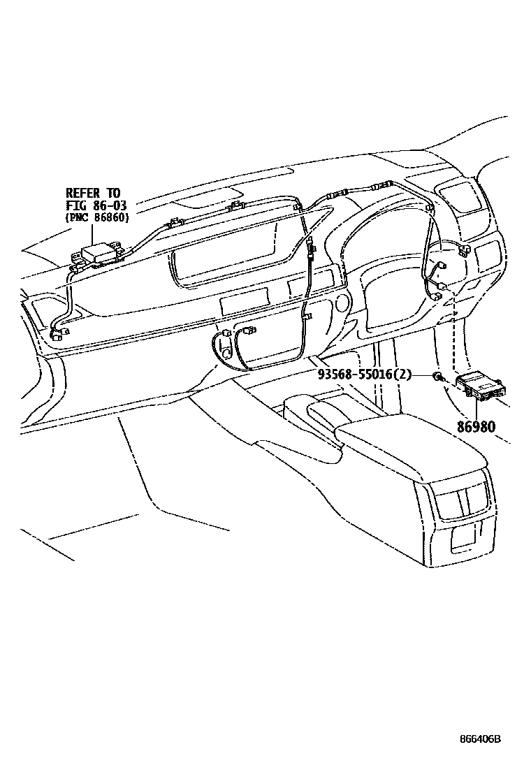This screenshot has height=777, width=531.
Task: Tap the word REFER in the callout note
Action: (x=84, y=192)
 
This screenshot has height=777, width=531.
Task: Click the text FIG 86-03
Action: (x=96, y=205)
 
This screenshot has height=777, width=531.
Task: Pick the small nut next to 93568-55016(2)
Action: (x=436, y=377)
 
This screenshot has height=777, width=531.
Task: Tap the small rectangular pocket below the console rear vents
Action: (x=464, y=537)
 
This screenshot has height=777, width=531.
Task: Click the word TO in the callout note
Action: (x=112, y=192)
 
